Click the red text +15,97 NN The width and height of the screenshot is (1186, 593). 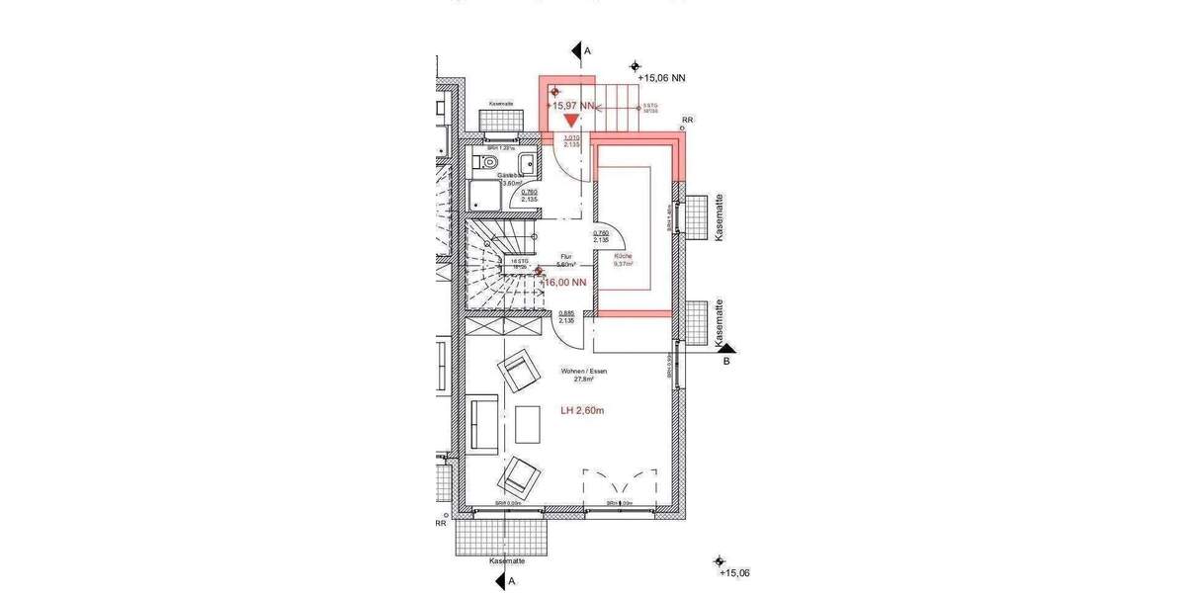pyautogui.click(x=573, y=105)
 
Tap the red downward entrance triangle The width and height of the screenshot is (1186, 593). pyautogui.click(x=571, y=121)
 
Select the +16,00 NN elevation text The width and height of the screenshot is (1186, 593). pyautogui.click(x=566, y=283)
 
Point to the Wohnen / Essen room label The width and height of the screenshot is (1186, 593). pyautogui.click(x=583, y=375)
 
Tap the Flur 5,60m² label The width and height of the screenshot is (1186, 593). pyautogui.click(x=566, y=261)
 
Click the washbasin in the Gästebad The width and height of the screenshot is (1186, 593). pyautogui.click(x=527, y=162)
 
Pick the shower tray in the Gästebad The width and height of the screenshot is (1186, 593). pyautogui.click(x=484, y=196)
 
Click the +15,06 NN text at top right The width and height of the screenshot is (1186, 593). pyautogui.click(x=662, y=77)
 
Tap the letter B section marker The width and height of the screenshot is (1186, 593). pyautogui.click(x=726, y=362)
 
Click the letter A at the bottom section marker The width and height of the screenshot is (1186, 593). pyautogui.click(x=512, y=583)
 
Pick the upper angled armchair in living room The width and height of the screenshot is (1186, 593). pyautogui.click(x=518, y=372)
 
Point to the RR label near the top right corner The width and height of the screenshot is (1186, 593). pyautogui.click(x=687, y=120)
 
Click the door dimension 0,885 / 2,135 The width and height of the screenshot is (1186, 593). pyautogui.click(x=566, y=317)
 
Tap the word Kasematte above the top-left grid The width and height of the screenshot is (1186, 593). pyautogui.click(x=501, y=104)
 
